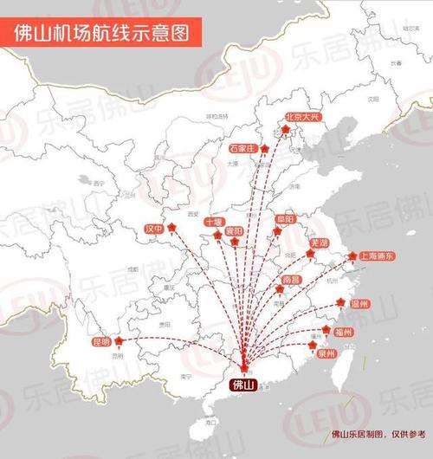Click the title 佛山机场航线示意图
[102, 32]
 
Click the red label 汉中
[154, 229]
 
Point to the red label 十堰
[214, 223]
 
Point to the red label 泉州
[326, 353]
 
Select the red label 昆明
[101, 342]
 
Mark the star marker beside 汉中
[173, 228]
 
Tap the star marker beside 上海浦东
[353, 255]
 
